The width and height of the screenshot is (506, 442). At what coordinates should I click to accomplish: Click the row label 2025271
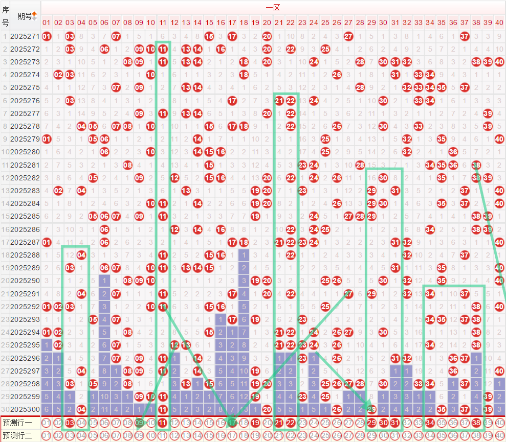(24, 36)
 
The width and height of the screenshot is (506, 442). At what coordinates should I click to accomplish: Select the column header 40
(499, 22)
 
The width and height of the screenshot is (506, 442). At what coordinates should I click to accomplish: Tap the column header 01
(47, 22)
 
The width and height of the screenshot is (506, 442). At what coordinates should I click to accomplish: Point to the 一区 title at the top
(273, 7)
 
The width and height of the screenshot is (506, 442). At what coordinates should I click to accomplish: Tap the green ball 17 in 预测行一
(232, 423)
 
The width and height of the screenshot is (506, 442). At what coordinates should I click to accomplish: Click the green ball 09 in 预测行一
(139, 423)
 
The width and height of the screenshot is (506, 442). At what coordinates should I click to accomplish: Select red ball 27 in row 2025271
(348, 36)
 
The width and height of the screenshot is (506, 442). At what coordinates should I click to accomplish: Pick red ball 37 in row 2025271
(465, 36)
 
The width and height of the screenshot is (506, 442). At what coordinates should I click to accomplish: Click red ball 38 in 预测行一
(476, 423)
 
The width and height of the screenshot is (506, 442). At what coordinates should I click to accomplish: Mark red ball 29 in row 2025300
(372, 409)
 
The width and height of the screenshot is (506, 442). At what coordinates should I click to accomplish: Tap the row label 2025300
(24, 409)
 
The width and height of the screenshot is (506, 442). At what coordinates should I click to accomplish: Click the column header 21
(279, 22)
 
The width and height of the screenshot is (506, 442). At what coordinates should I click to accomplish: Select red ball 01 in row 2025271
(47, 36)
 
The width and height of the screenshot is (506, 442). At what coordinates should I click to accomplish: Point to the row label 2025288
(24, 254)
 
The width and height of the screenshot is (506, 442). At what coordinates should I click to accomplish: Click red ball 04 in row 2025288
(81, 254)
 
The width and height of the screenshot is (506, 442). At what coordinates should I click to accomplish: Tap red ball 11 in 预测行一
(163, 423)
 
